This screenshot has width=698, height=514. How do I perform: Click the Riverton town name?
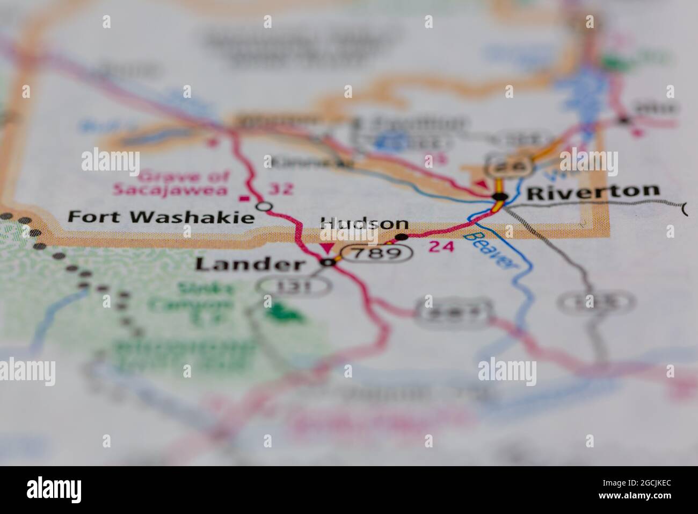(x=593, y=191)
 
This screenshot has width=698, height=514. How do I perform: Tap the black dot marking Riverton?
(x=500, y=197)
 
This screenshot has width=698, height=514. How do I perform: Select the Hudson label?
(x=363, y=224)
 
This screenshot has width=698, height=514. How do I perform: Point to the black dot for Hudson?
(x=401, y=237)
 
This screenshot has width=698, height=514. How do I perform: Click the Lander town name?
(x=250, y=264)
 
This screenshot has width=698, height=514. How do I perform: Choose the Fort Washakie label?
(x=161, y=217)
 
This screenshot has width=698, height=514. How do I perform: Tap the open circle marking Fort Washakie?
(x=264, y=206)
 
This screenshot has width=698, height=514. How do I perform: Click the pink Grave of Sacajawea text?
(x=170, y=183)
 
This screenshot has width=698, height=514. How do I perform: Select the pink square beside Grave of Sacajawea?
(x=246, y=198)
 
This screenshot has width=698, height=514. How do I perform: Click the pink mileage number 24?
(x=442, y=247)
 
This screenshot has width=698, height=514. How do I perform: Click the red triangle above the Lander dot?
(x=325, y=247)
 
